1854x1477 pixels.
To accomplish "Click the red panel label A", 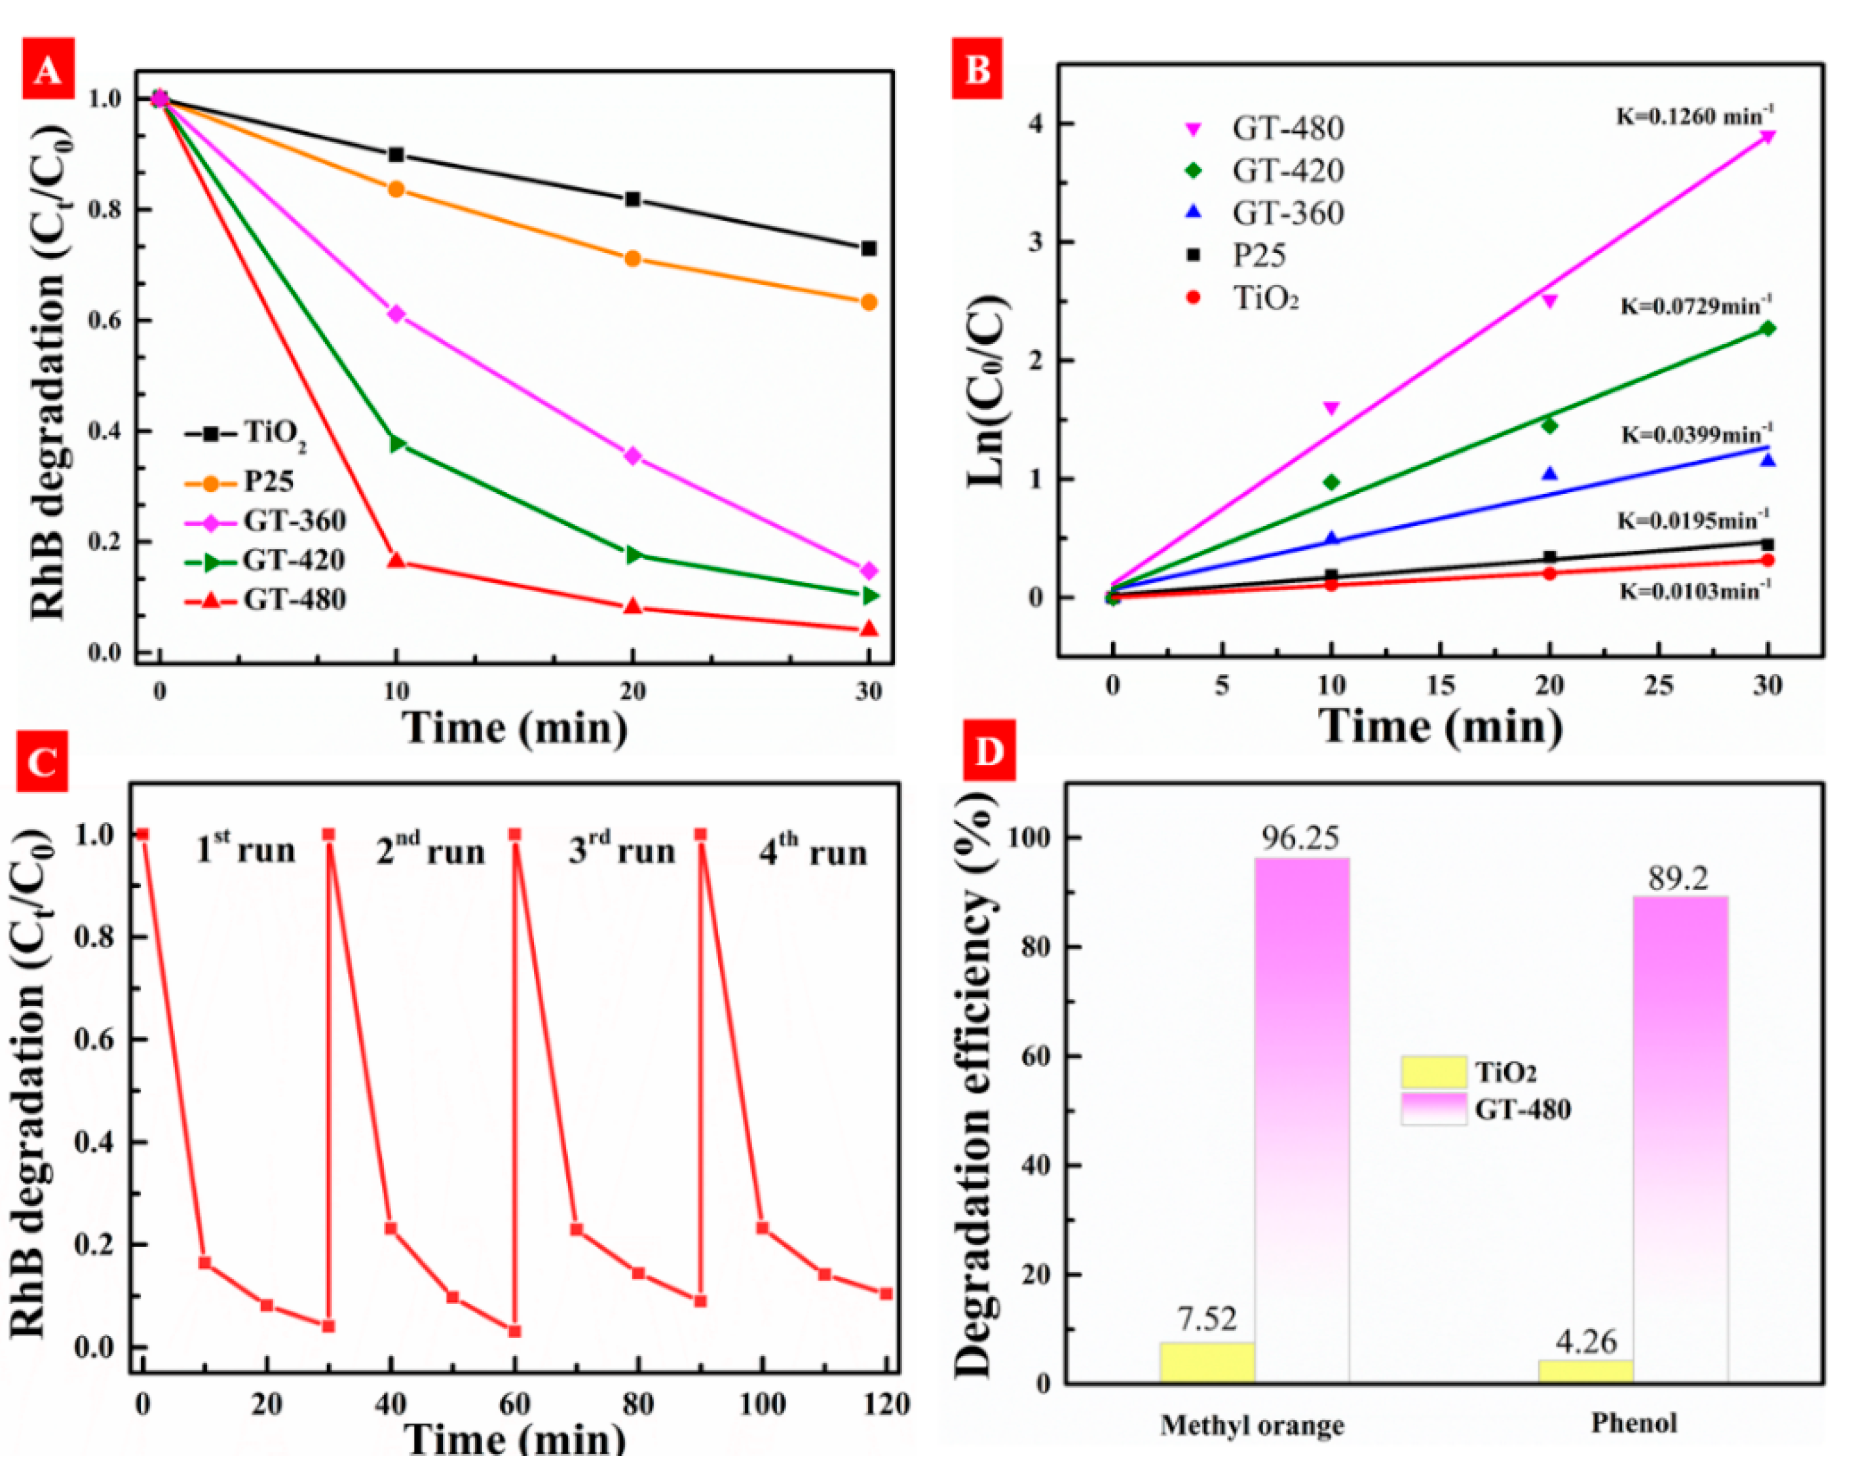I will pos(48,69).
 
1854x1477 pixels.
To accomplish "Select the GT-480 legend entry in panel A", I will pos(266,599).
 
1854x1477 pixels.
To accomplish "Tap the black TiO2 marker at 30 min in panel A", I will pos(869,248).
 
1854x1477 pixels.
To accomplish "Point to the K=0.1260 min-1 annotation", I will pos(1694,115).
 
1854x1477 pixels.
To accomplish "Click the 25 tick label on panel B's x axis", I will pos(1659,685).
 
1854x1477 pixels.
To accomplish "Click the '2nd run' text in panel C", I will pos(430,850).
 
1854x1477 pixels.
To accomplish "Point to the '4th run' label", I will pos(812,851).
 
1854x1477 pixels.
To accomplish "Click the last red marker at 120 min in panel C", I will pos(886,1294).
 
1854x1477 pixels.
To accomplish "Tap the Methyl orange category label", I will pos(1252,1425).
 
